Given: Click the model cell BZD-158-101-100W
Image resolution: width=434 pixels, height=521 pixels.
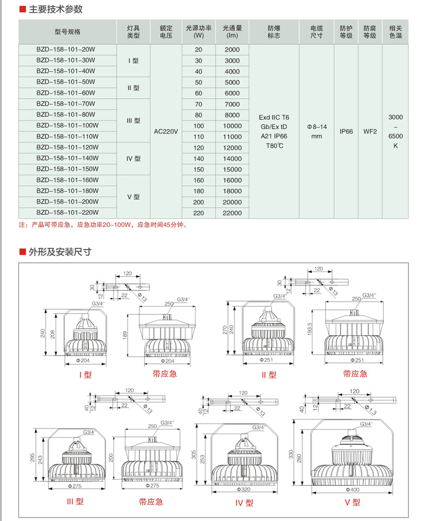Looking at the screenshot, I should click(67, 126).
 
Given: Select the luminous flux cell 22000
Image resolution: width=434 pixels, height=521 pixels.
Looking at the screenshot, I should click(231, 214).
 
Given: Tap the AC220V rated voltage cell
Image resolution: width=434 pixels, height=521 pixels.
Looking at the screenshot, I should click(166, 131).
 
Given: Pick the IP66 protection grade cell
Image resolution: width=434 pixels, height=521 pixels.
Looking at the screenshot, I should click(346, 131).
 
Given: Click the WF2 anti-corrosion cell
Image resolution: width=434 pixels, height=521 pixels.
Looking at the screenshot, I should click(370, 131).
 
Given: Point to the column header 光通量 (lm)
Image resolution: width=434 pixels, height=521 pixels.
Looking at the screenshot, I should click(231, 31).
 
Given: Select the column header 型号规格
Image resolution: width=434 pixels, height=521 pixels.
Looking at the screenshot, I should click(68, 31).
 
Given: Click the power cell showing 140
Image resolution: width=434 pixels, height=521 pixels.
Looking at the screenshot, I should click(199, 159).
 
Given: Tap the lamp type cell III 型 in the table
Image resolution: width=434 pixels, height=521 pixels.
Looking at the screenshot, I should click(134, 121).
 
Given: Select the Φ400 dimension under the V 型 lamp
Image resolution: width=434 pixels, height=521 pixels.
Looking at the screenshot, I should click(351, 490).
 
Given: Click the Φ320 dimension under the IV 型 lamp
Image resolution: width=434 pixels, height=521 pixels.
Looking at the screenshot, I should click(245, 490).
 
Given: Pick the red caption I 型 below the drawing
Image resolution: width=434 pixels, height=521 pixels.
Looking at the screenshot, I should click(85, 374).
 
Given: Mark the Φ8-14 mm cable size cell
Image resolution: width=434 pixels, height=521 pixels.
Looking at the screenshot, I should click(317, 131).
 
